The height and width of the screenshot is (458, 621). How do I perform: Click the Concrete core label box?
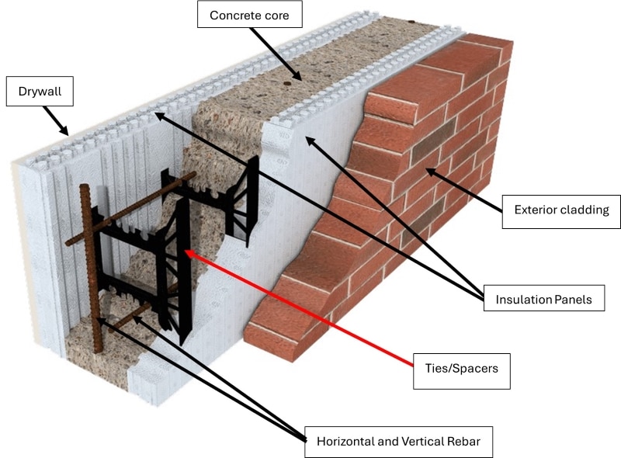click(248, 14)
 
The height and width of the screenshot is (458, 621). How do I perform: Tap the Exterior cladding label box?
click(560, 210)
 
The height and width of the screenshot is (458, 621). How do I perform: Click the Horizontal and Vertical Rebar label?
click(398, 442)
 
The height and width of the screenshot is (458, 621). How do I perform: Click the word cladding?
click(581, 210)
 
